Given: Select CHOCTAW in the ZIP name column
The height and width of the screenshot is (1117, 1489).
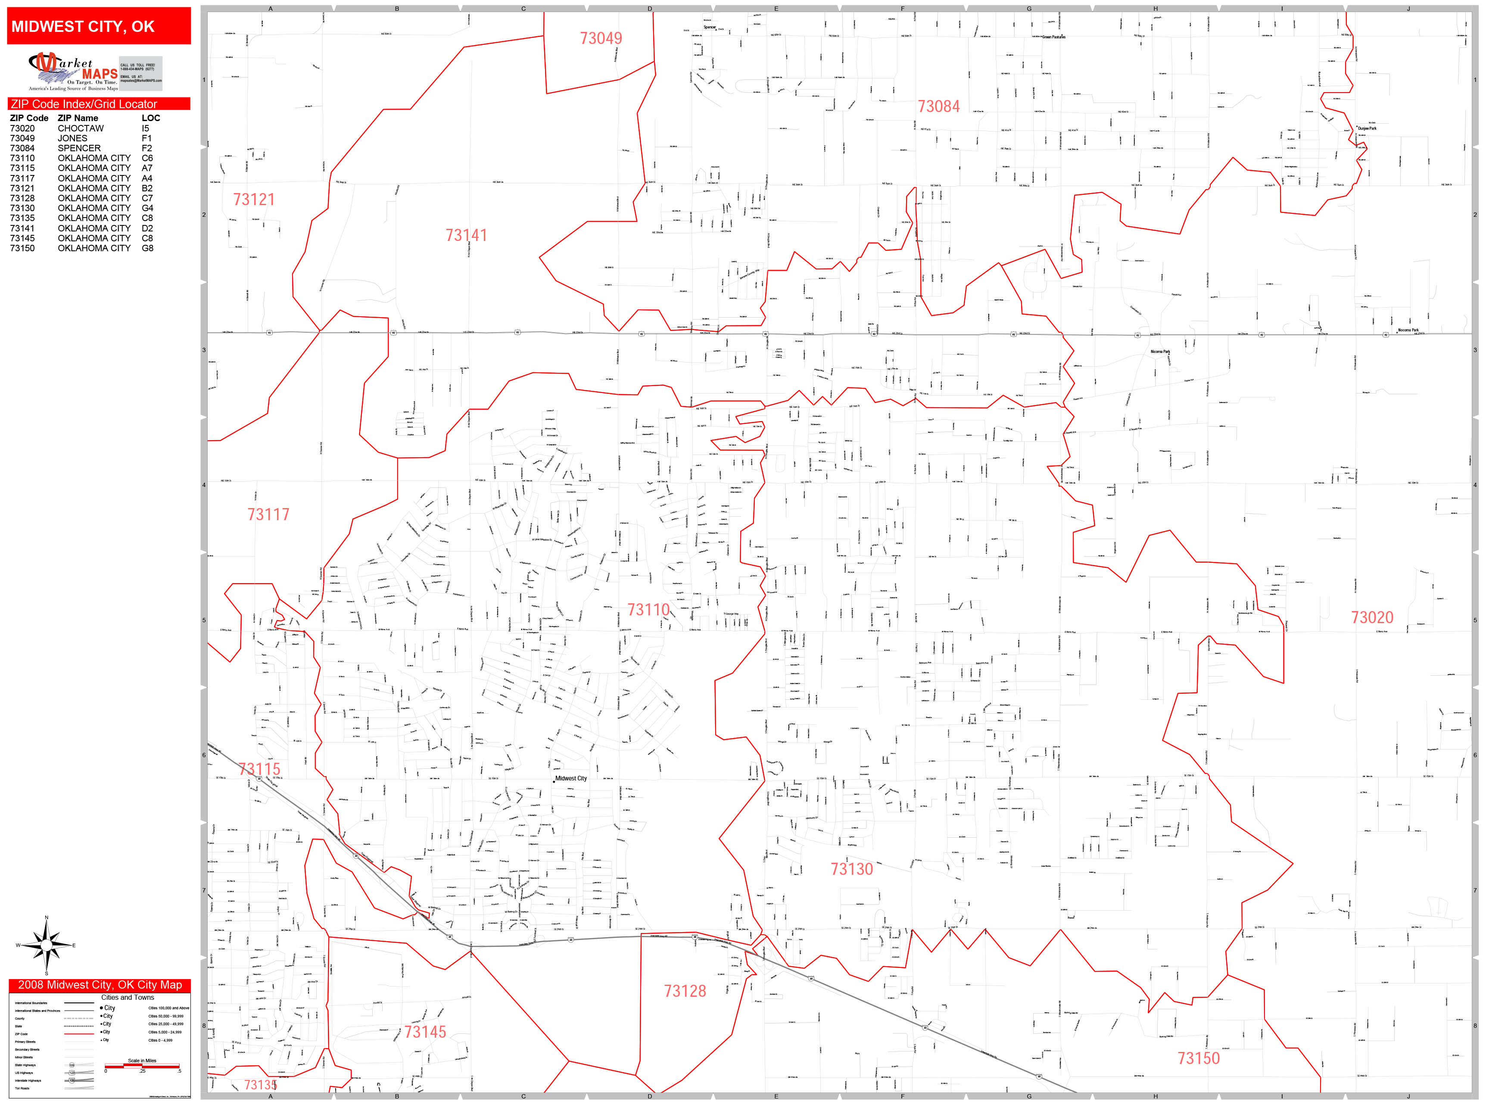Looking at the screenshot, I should coord(81,128).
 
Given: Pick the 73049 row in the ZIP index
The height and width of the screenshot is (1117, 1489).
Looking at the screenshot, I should coord(22,138).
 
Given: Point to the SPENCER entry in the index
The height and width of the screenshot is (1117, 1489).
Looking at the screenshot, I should coord(79,148).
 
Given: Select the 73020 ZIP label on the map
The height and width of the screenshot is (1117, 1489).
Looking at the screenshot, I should coord(1372,618).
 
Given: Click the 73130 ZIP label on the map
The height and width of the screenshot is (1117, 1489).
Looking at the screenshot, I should coord(851,869).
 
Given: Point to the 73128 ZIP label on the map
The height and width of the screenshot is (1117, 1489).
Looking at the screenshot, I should coord(685,991).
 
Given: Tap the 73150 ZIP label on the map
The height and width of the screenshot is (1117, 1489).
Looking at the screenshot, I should coord(1198,1058).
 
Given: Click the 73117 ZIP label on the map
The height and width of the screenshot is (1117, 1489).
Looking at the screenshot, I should coord(268,515).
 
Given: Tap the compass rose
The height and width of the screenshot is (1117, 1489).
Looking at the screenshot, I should coord(46,945).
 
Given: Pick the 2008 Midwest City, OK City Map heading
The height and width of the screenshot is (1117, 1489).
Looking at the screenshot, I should coord(100,985).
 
